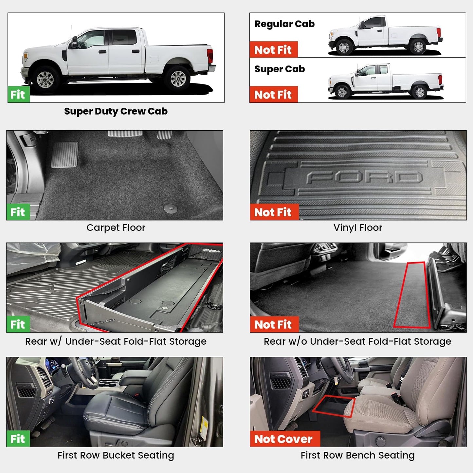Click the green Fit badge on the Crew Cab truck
[x=18, y=94]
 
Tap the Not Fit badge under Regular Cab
[x=273, y=50]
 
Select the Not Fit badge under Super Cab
[x=273, y=95]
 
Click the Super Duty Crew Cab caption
[x=116, y=111]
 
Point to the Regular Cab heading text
[x=284, y=24]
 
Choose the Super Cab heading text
[x=280, y=69]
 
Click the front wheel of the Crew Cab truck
[x=45, y=79]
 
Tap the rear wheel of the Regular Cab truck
[x=418, y=47]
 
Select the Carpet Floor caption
[x=116, y=227]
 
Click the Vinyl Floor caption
[x=358, y=227]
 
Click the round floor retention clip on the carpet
[x=171, y=209]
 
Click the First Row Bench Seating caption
[x=357, y=455]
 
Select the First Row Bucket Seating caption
[x=116, y=455]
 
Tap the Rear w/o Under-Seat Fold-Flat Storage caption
[x=357, y=341]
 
